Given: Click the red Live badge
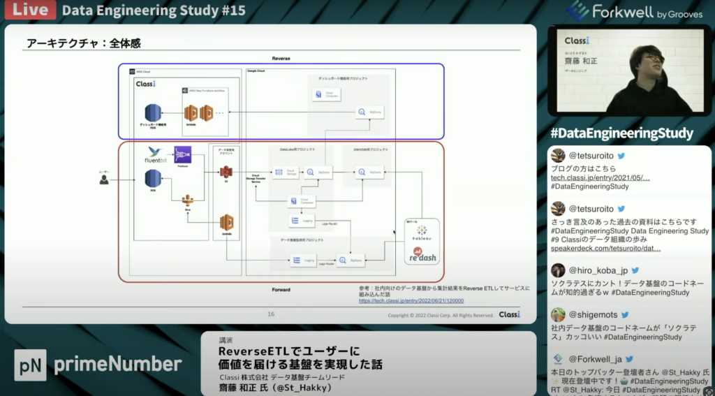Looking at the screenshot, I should point(28,10).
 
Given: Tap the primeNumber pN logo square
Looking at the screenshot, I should point(30,365).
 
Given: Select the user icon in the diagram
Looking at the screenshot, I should point(104,179).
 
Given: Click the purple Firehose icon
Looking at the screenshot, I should point(183,154).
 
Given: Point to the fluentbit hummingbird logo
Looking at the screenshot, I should point(155,152).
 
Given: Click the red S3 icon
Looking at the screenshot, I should point(226,172).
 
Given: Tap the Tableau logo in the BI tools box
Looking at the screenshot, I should point(422,231).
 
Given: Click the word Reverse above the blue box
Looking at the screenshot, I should point(281,59).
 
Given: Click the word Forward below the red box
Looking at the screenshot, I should point(281,289).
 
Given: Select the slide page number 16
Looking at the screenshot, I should point(271,314).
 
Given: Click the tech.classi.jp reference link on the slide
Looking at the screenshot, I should point(411,301).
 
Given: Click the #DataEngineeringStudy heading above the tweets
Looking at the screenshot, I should point(621,133).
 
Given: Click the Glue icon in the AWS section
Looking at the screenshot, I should point(187,201).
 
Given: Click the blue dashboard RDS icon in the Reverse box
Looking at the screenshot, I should point(152,112).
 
